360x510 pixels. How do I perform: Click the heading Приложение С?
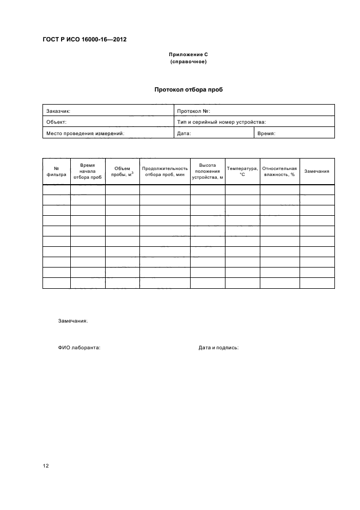(188, 56)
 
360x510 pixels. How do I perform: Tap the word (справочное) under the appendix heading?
(188, 62)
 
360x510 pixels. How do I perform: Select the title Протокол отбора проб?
(188, 90)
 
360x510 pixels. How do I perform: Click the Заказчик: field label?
(58, 111)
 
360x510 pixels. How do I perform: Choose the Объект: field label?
(56, 122)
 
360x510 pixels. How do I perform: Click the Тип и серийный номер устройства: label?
(221, 122)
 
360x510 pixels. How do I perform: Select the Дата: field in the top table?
(184, 133)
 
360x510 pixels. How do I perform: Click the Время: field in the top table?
(266, 133)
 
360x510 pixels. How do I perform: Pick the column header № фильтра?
(56, 172)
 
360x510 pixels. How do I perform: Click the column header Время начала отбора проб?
(87, 171)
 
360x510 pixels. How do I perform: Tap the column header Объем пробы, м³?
(122, 172)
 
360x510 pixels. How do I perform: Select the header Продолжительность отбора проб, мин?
(165, 172)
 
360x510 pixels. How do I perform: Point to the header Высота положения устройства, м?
(208, 171)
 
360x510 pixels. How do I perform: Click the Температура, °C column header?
(242, 172)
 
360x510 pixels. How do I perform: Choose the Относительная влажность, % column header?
(279, 172)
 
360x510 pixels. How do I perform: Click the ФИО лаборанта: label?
(79, 347)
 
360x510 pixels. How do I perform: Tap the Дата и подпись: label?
(218, 347)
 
